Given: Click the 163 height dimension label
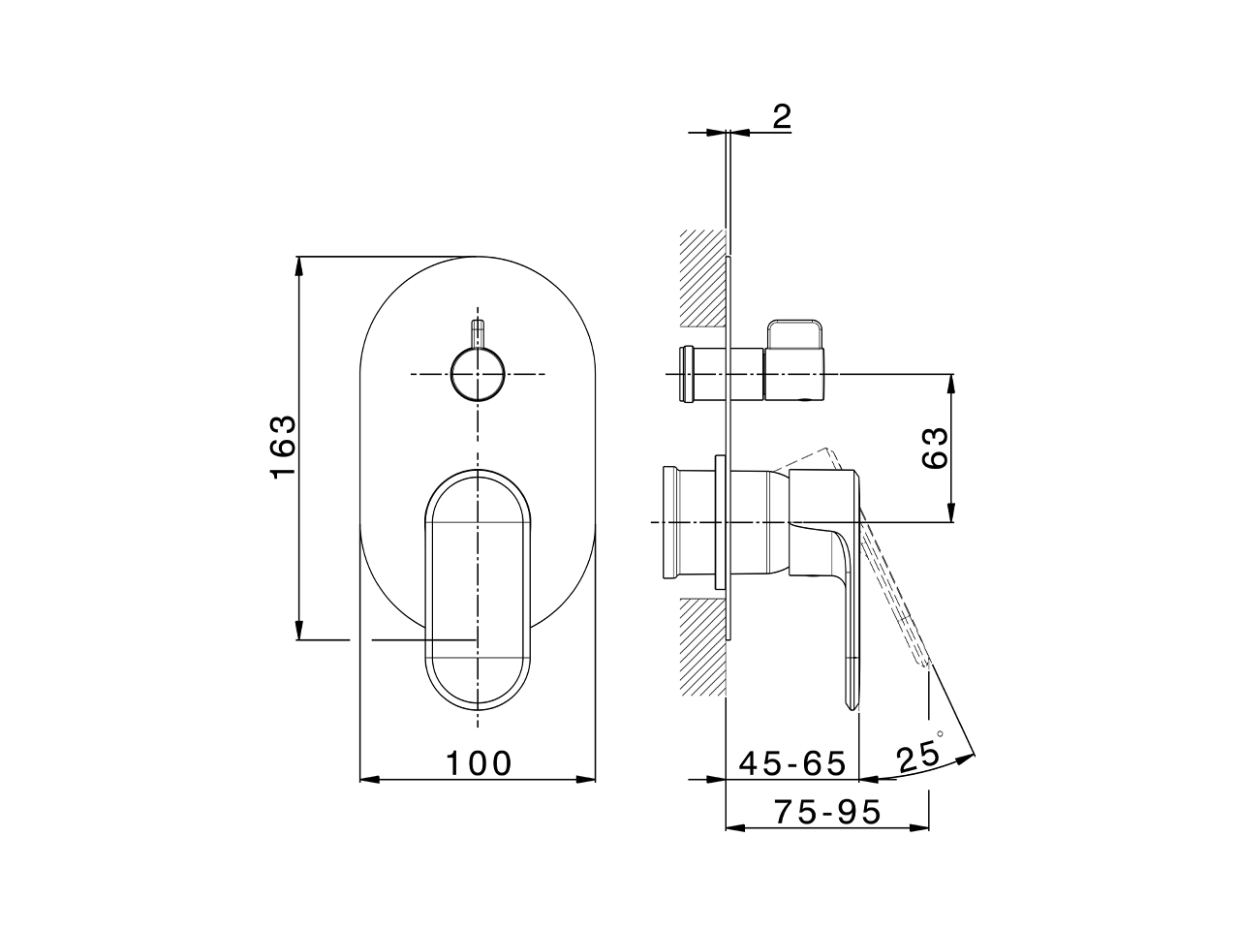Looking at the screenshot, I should [282, 447].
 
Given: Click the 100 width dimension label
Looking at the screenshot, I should [479, 763].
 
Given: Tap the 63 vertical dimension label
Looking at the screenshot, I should [935, 447].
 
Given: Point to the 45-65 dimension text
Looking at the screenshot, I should [792, 763].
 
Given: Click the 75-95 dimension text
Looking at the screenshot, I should [827, 812].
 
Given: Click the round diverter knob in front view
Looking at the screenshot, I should [478, 375].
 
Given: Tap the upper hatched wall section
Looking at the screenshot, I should [702, 277].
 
